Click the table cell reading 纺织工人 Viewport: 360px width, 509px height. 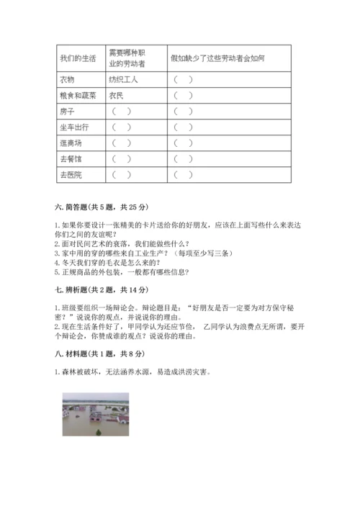(123, 80)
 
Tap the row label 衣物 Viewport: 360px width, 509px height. (68, 80)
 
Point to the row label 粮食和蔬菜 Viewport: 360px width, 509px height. (75, 95)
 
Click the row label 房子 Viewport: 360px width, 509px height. (68, 111)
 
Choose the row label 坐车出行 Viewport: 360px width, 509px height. (73, 127)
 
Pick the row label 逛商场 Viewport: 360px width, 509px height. (71, 143)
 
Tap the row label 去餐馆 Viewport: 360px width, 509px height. (71, 158)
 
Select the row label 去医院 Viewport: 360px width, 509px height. (71, 174)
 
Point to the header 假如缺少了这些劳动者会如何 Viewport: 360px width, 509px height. (217, 57)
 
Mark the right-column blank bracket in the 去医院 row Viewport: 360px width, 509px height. (183, 174)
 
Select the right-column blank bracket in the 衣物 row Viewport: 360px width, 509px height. (183, 80)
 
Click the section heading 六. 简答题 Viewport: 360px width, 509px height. (100, 207)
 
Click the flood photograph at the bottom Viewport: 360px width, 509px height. (96, 415)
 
